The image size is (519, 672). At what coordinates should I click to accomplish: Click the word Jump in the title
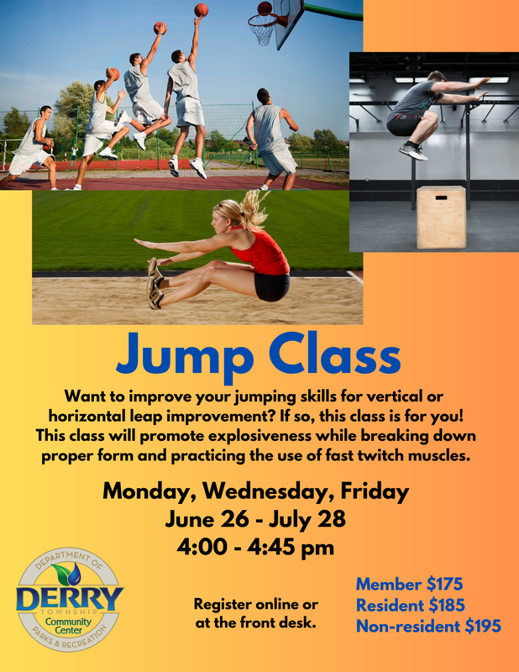[185, 356]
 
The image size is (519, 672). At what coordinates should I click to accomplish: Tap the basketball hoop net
[262, 29]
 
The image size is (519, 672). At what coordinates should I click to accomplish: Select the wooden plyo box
[442, 218]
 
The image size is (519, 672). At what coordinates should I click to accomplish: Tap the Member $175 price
[409, 584]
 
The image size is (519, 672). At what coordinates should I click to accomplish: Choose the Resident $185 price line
[411, 605]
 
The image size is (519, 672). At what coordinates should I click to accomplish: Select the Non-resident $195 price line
[428, 626]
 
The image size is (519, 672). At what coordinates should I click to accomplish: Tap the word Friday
[375, 492]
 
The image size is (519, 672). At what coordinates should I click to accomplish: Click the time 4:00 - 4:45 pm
[256, 548]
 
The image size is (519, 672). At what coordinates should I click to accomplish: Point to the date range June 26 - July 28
[255, 519]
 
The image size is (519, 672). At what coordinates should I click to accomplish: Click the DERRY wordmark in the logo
[70, 598]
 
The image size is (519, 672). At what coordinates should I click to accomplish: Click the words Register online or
[256, 604]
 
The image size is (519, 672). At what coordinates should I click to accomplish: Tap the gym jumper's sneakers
[413, 150]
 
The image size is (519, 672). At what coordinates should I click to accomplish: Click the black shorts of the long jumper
[272, 287]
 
